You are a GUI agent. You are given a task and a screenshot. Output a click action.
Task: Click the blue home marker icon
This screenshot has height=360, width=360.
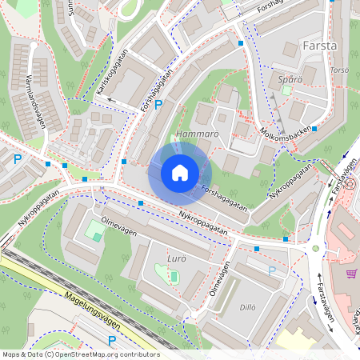[180, 172]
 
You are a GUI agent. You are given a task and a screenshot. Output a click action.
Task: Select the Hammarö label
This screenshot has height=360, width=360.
[197, 134]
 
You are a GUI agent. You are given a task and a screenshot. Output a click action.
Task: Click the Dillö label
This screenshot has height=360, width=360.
[248, 306]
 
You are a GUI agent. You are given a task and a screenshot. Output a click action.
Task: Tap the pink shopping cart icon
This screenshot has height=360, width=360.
[350, 274]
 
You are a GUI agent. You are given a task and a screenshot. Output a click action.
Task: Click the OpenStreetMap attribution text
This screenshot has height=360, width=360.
[81, 354]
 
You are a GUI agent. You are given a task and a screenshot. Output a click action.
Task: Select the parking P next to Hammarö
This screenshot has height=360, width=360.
[158, 105]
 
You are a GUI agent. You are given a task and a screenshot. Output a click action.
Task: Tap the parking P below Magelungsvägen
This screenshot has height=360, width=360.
[111, 340]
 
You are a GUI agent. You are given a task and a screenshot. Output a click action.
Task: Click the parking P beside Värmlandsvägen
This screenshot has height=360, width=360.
[18, 158]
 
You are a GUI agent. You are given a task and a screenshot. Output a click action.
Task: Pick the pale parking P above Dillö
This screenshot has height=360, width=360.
[272, 270]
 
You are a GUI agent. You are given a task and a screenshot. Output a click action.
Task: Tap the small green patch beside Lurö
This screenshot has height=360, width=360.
[173, 276]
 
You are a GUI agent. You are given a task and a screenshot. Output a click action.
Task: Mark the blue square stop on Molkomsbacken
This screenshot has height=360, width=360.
[314, 128]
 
